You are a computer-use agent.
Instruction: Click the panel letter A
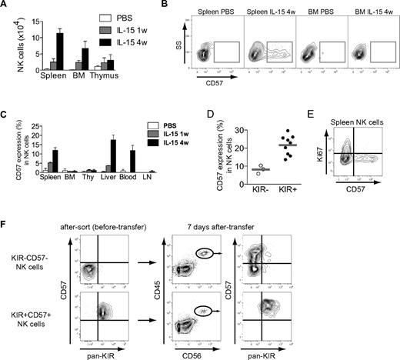tap(5, 6)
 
